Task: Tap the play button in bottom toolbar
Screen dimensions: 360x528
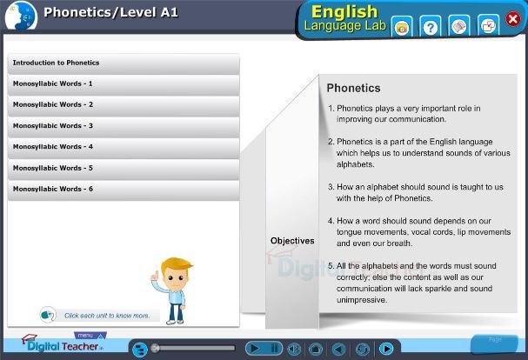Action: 254,349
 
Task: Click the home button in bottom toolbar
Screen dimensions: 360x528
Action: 316,349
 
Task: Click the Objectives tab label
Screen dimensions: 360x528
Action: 292,241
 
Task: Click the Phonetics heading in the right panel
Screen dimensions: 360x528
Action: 353,88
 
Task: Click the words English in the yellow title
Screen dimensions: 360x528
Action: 344,12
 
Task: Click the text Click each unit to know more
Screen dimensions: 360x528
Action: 107,316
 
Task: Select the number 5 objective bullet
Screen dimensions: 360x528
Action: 331,264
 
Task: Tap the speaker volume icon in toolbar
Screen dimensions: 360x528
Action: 294,349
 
